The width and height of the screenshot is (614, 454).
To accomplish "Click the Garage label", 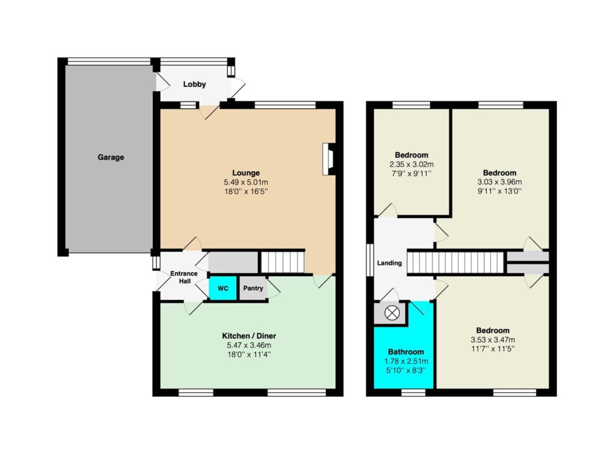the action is [x=111, y=157].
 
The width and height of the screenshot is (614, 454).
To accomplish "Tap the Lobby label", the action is [x=194, y=84].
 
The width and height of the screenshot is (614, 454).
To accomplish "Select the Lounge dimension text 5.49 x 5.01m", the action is [x=246, y=183].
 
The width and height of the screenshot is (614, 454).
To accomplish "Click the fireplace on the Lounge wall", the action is [x=328, y=159].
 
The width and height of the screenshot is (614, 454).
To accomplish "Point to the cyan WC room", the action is [x=223, y=288].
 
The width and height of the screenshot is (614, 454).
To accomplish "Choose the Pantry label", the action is [x=253, y=288].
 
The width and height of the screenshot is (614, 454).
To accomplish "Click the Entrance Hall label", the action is [x=184, y=277].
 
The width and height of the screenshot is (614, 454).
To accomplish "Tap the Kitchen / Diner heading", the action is [x=249, y=336].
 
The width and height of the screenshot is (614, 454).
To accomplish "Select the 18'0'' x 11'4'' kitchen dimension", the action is [x=249, y=355].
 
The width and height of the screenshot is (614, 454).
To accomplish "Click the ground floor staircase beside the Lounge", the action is [x=283, y=262].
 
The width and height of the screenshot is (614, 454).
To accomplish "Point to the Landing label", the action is [x=389, y=263].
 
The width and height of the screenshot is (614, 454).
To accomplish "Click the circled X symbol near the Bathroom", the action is [x=391, y=313].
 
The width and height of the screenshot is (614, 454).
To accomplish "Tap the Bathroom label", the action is [x=406, y=352].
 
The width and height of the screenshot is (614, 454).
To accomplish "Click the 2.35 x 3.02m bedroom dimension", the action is [x=411, y=165].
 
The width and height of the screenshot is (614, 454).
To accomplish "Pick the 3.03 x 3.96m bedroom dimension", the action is [x=499, y=183].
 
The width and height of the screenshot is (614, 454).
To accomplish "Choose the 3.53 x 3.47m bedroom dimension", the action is [x=493, y=340].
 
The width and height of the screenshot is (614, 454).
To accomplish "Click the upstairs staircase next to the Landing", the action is [x=456, y=262].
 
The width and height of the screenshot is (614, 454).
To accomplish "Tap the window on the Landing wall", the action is [x=370, y=260].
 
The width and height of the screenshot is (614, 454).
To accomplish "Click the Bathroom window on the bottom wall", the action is [x=414, y=392].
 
